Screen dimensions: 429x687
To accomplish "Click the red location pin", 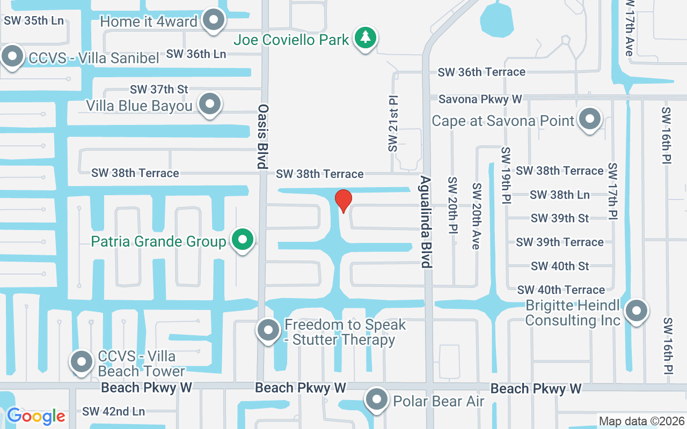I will coord(343,201).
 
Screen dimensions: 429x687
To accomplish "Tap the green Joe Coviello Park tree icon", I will coord(366,38).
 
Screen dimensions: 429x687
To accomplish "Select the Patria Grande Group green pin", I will coord(243,240).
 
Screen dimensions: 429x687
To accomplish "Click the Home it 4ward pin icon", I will coord(215,20).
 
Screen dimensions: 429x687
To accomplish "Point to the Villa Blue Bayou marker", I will coord(209,104).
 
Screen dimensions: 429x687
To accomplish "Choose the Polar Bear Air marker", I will coord(377,399).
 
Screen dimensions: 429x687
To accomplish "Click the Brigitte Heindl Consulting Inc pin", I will coord(637,310).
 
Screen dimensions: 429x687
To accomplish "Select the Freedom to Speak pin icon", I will coord(268,330).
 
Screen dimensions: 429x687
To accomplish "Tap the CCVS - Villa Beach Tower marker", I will coord(82,362).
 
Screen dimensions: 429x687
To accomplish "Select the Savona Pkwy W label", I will coord(480,99).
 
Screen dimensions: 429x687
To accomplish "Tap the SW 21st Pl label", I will coord(394,124).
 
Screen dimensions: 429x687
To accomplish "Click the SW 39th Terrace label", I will coord(560,242).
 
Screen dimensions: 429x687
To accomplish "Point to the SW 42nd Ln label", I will coord(113,412).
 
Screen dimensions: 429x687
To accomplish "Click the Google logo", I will coord(36,416).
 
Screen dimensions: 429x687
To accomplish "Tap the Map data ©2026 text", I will coord(641,421).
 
